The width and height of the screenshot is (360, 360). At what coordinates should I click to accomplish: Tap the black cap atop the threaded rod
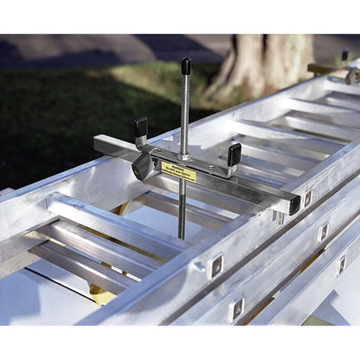coord(186,67)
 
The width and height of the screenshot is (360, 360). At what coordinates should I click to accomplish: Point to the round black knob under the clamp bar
coord(139,167)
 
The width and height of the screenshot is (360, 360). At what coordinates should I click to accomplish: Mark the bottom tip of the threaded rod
coord(181,236)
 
